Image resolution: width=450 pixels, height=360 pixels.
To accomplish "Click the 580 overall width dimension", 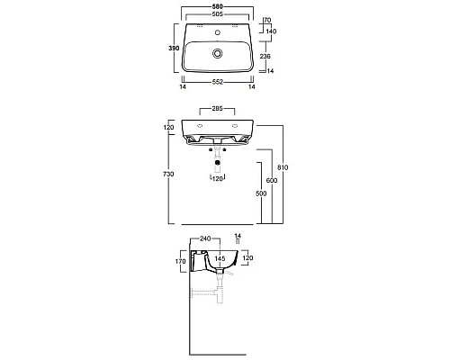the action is [217, 6].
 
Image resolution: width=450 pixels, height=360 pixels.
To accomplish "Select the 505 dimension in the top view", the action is [217, 14].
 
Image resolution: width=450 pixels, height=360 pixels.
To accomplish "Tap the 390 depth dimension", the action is [174, 48].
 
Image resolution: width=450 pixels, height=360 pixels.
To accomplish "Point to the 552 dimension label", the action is [218, 82].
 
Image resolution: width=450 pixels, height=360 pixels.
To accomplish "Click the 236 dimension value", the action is [265, 56].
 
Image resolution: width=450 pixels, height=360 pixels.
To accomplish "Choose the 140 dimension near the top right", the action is [271, 31].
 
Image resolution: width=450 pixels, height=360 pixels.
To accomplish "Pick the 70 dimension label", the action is [267, 20].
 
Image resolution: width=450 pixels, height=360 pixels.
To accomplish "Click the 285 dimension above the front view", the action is [217, 108].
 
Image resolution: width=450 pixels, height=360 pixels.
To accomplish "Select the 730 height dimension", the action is [168, 174].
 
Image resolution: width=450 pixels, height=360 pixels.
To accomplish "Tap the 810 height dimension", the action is [283, 167].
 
